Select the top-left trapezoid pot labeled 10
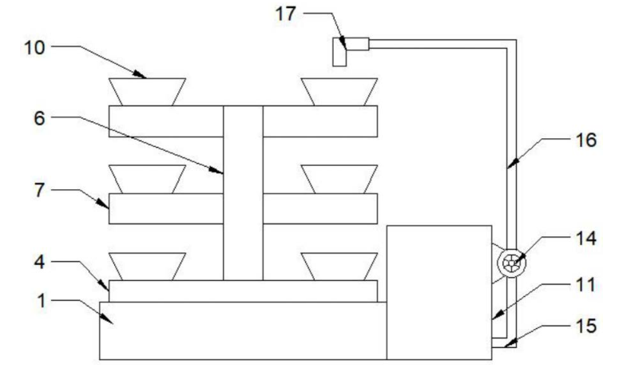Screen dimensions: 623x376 pyautogui.click(x=147, y=91)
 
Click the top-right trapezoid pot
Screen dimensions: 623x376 pyautogui.click(x=339, y=91)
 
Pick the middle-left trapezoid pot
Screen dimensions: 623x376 pyautogui.click(x=147, y=179)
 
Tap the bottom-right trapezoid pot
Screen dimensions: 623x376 pyautogui.click(x=339, y=266)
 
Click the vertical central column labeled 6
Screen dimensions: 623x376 pyautogui.click(x=243, y=192)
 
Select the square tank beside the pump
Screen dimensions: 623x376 pyautogui.click(x=438, y=291)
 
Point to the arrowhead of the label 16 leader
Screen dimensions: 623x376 pyautogui.click(x=510, y=168)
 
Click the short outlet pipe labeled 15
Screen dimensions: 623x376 pyautogui.click(x=502, y=343)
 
